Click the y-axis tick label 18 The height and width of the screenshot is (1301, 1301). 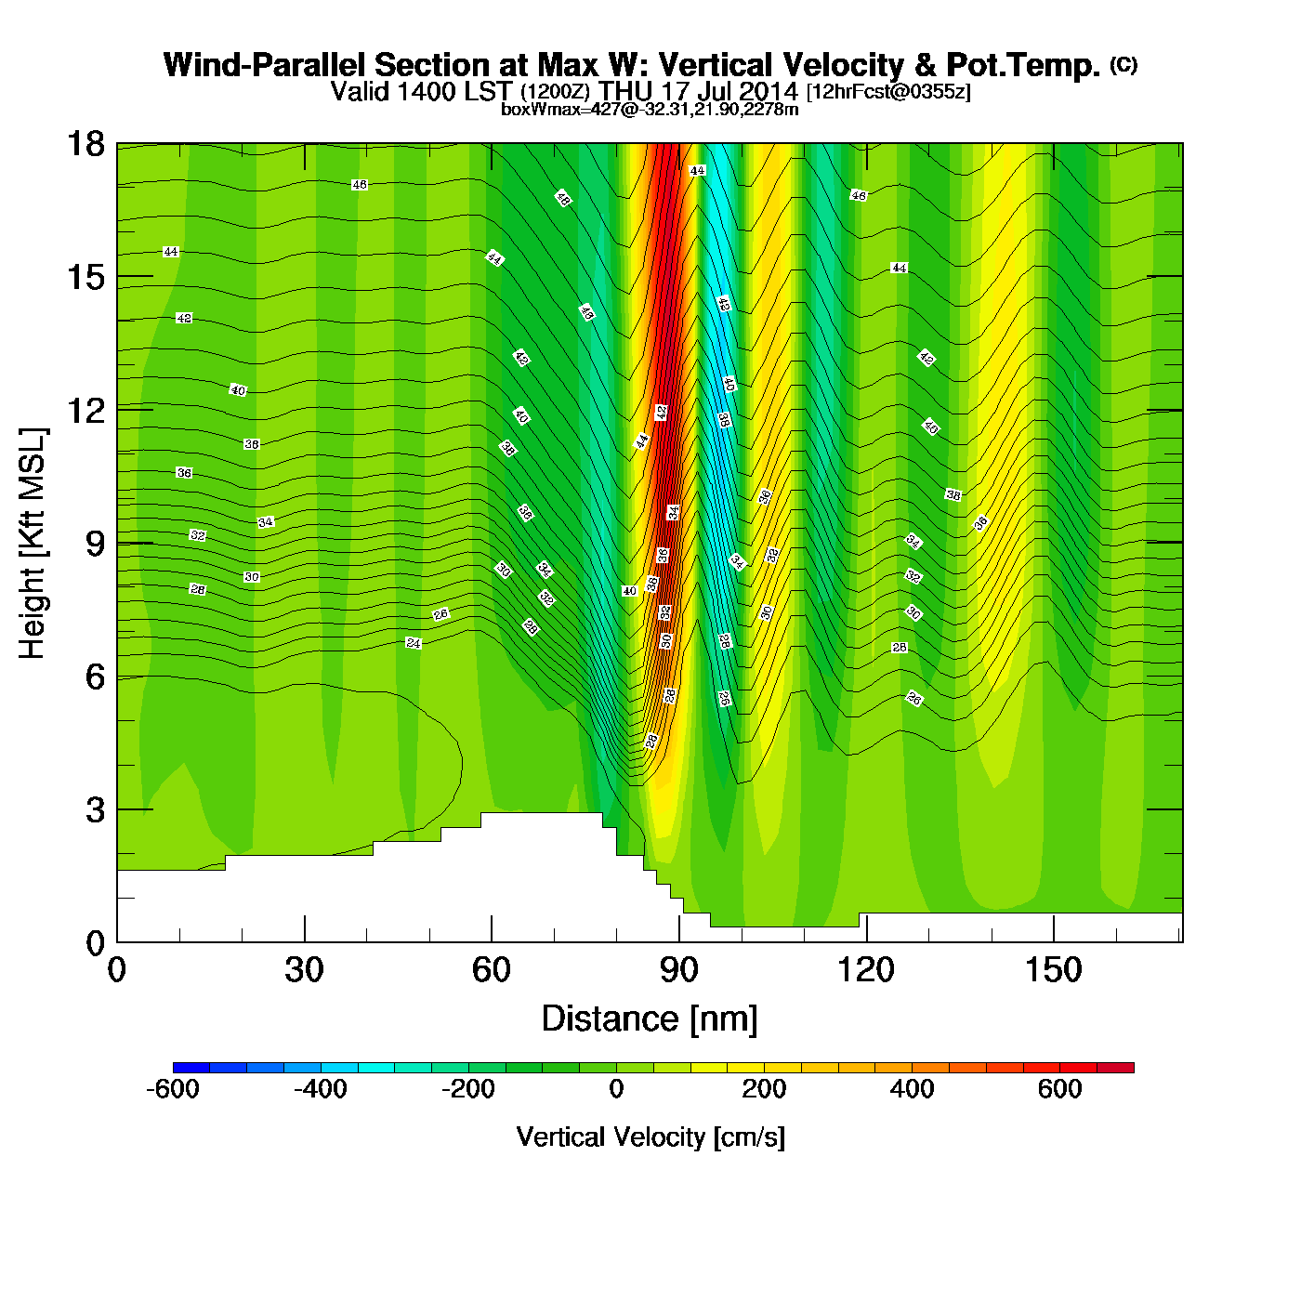[x=85, y=144]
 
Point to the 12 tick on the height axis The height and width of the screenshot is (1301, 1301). [x=85, y=410]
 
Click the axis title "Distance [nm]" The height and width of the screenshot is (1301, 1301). [x=650, y=1019]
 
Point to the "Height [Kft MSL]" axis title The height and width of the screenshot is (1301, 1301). [x=33, y=544]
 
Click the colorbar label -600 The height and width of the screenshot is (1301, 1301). [x=173, y=1089]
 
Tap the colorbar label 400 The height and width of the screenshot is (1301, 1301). [x=912, y=1089]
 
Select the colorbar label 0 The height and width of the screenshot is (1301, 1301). [x=616, y=1089]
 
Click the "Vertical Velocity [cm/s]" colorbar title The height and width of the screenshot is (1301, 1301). [x=650, y=1137]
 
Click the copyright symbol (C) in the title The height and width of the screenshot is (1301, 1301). [x=1124, y=64]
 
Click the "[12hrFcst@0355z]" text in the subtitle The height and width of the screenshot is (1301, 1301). [x=888, y=92]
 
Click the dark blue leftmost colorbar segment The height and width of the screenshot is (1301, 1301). [x=191, y=1068]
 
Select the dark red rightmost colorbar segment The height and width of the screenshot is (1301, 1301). [x=1115, y=1068]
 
